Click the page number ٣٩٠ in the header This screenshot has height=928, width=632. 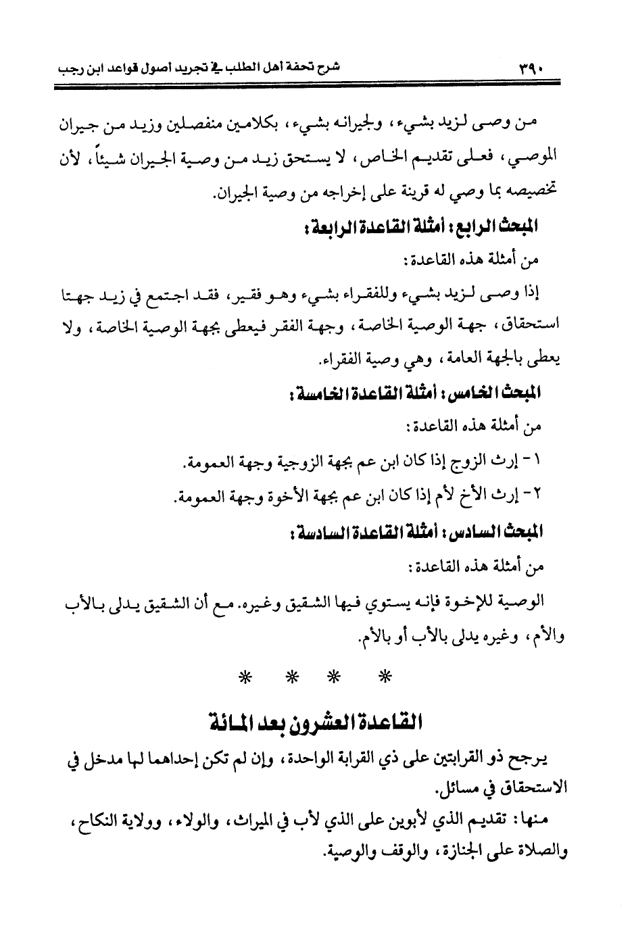pos(529,68)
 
